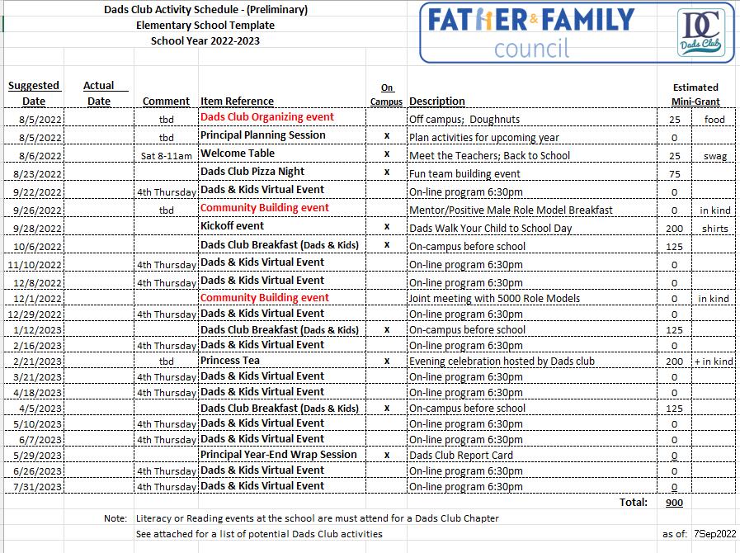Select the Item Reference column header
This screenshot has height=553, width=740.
click(x=237, y=102)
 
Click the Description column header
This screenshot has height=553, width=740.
click(x=437, y=102)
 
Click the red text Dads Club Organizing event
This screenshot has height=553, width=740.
click(x=266, y=117)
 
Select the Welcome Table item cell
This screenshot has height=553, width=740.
click(x=238, y=154)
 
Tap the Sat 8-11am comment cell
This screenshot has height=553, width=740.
click(x=166, y=156)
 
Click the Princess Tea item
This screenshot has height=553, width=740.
click(x=230, y=361)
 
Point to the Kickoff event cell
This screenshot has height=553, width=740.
click(x=232, y=226)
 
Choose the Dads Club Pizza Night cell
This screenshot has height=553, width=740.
click(x=252, y=172)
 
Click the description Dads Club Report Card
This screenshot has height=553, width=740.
click(x=461, y=456)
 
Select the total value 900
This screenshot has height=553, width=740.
click(x=673, y=503)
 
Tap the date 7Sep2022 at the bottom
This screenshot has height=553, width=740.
click(x=714, y=534)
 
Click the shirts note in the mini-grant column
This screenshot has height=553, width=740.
click(x=714, y=229)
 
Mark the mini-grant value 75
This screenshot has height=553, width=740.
click(x=674, y=174)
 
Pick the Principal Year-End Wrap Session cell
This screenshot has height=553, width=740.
click(x=279, y=455)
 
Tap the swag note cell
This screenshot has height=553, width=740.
click(x=714, y=156)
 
